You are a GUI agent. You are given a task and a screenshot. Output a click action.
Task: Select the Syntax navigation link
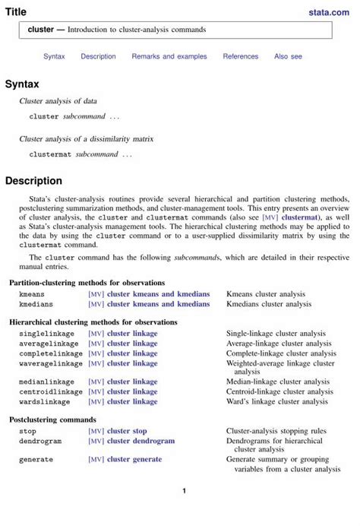tap(54, 56)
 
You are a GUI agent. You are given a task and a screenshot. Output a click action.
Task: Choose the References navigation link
tap(240, 56)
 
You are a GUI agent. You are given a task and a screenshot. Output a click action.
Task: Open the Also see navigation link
tap(288, 56)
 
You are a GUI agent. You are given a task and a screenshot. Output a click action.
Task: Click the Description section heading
tap(33, 181)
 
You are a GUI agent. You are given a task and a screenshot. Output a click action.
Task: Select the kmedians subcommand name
tap(35, 304)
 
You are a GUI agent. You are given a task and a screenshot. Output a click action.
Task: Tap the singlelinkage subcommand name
tap(44, 333)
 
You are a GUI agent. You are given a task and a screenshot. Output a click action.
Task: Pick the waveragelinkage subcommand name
tap(50, 363)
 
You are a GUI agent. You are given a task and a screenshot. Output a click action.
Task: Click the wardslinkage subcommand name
tap(44, 401)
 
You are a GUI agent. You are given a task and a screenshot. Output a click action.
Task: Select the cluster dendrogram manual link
tap(141, 441)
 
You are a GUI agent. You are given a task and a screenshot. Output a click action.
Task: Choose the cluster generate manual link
tap(134, 459)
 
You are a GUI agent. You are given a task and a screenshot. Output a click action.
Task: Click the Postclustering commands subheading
tap(52, 420)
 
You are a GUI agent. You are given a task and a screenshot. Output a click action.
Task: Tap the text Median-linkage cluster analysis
tap(277, 382)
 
